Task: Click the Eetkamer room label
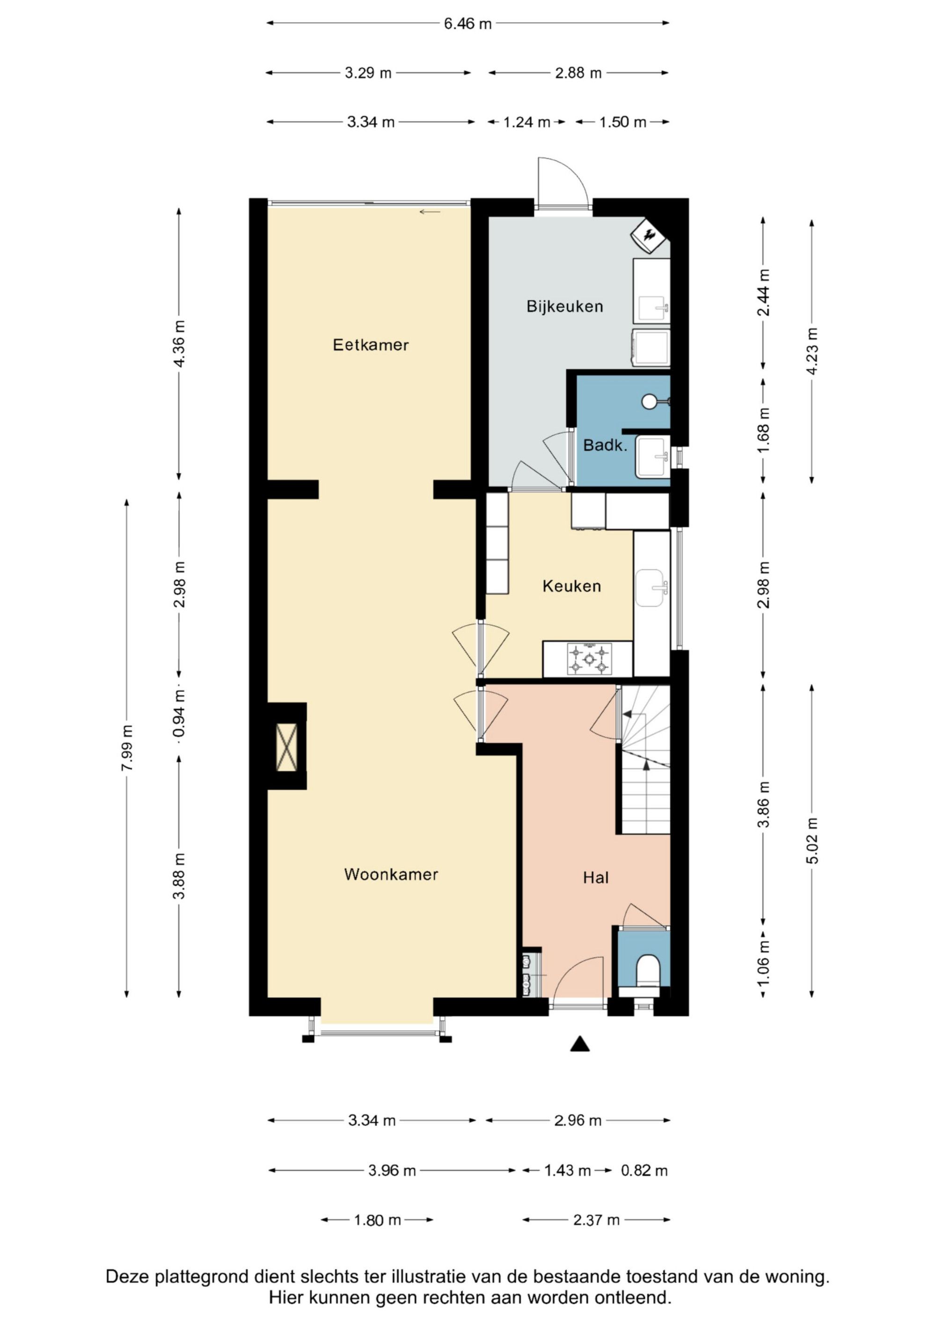[x=370, y=345]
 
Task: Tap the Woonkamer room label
[x=391, y=874]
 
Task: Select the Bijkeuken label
[x=564, y=306]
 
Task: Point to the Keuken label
[x=571, y=586]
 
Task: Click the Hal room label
[x=596, y=878]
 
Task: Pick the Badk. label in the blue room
[x=605, y=445]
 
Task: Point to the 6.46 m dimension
[x=468, y=24]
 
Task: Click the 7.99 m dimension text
[x=127, y=748]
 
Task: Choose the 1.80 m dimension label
[x=377, y=1220]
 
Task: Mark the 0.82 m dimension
[x=644, y=1170]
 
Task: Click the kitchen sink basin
[x=651, y=588]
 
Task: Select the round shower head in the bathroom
[x=650, y=402]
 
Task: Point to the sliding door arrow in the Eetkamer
[x=430, y=212]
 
